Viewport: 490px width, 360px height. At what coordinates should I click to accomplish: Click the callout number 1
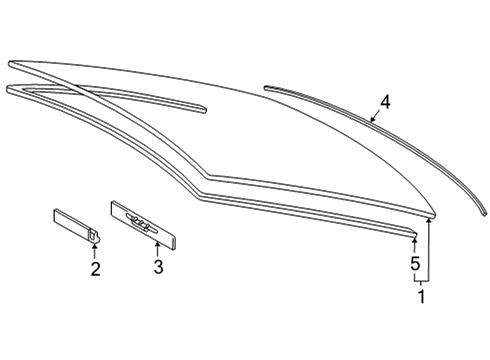(422, 296)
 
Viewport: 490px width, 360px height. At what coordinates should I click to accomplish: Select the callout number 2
(95, 269)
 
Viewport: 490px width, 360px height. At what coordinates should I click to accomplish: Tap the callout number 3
(158, 267)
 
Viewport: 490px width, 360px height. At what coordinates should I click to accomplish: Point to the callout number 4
(385, 102)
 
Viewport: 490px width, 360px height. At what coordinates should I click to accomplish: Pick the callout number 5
(415, 264)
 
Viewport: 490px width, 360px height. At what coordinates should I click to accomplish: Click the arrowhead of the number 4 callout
(372, 118)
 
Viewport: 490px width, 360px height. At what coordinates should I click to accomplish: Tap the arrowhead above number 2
(95, 246)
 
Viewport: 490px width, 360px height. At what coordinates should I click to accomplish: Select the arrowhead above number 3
(157, 245)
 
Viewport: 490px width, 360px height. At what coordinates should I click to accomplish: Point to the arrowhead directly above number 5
(415, 240)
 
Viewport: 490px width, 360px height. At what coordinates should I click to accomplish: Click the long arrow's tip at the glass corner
(429, 219)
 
